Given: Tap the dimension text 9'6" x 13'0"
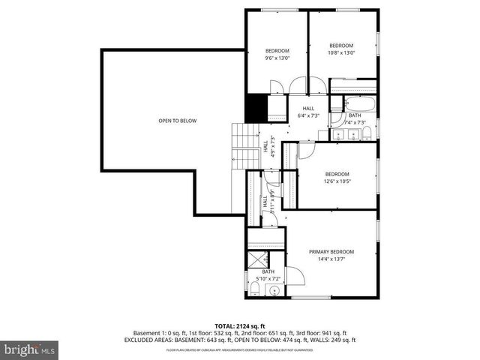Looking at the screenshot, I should tap(277, 58).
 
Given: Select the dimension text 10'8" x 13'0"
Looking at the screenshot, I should tap(341, 52).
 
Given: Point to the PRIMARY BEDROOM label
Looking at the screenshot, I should tap(331, 252).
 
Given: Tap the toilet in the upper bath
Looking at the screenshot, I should tap(367, 133).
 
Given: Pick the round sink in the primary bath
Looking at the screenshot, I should tap(275, 289).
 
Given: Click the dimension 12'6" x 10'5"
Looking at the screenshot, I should tap(337, 181).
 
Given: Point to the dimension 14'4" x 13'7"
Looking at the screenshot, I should tap(331, 259).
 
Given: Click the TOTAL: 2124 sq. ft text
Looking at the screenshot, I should tap(240, 326).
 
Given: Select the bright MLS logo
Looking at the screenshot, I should tap(30, 349).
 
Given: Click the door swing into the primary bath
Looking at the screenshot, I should tap(295, 275).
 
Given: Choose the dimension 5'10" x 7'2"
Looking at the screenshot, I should tap(268, 279).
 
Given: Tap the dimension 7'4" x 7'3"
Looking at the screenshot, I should tap(355, 122).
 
